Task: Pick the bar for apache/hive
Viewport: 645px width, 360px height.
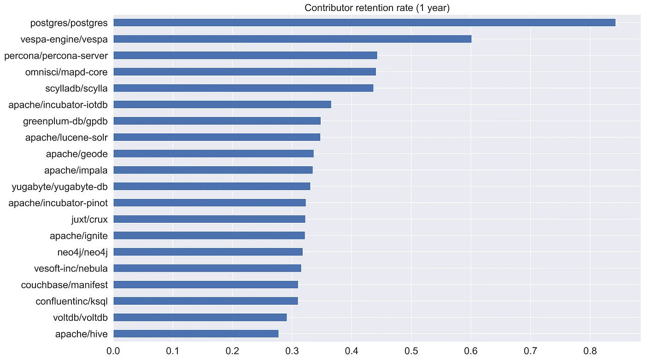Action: click(196, 334)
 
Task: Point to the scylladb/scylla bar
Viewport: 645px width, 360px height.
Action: click(243, 88)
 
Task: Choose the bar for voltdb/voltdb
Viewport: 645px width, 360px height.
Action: click(200, 317)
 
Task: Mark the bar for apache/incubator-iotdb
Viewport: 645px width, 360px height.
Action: click(222, 105)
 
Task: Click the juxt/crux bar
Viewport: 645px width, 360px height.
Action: click(209, 219)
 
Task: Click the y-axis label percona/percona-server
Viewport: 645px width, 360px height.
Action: click(56, 56)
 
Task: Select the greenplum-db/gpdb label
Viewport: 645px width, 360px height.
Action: click(65, 121)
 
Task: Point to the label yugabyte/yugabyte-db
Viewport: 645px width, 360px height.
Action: click(60, 186)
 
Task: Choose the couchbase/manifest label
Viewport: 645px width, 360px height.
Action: click(64, 285)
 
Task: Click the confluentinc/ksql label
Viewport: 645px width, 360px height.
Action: click(72, 301)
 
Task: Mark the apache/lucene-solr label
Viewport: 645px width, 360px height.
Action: click(66, 137)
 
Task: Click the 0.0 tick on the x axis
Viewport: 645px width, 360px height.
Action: click(113, 351)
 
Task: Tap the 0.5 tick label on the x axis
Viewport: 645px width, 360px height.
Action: click(411, 351)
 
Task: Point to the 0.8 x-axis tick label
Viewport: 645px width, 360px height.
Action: click(590, 351)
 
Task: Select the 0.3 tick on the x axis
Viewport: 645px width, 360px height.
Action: click(292, 351)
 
